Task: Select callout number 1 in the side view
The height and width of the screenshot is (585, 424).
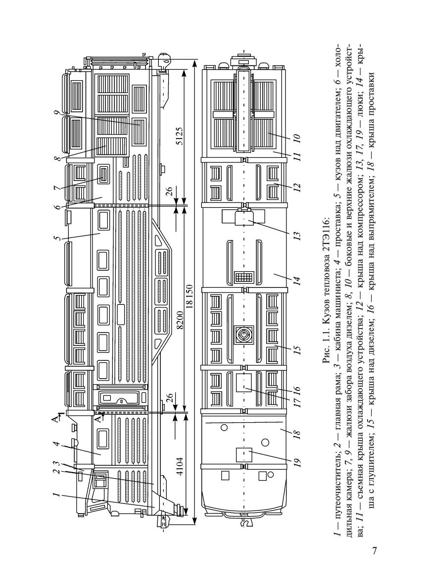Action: pyautogui.click(x=56, y=495)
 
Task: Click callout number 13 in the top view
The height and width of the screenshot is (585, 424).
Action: pyautogui.click(x=296, y=236)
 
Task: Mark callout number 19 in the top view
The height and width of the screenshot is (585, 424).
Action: pyautogui.click(x=296, y=463)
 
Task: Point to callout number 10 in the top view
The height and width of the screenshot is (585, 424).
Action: pyautogui.click(x=296, y=139)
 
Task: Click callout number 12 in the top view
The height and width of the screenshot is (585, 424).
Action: pyautogui.click(x=296, y=186)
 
